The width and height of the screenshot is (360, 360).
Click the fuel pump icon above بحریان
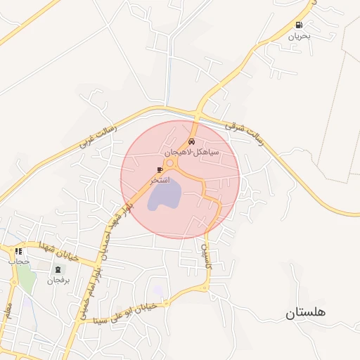300,25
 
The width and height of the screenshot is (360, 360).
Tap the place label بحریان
300,35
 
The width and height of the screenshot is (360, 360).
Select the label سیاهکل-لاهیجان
192,151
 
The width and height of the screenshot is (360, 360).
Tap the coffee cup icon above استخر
160,170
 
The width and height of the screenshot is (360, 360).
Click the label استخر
160,181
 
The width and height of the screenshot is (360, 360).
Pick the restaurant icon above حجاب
18,252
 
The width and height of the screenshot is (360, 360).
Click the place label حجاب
18,262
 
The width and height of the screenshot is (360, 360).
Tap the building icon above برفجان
56,270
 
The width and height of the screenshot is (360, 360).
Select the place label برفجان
56,281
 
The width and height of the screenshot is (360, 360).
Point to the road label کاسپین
207,257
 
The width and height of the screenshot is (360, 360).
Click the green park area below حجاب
26,279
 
